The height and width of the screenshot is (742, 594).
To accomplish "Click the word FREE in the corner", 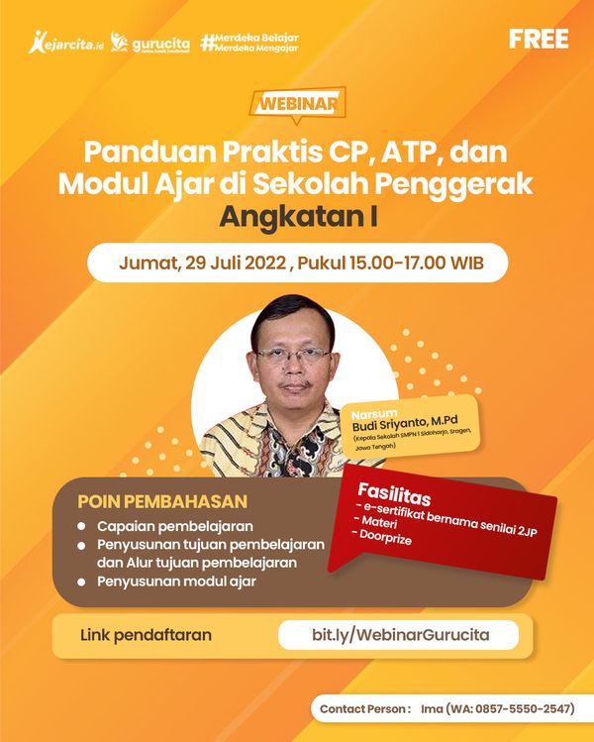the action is tap(539, 40).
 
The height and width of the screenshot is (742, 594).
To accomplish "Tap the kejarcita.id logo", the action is tap(65, 43).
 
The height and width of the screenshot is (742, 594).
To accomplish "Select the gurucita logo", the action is tap(150, 43).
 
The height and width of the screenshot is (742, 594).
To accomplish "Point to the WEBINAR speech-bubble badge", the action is tap(297, 104).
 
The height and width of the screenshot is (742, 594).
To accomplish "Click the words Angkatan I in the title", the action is tap(298, 217).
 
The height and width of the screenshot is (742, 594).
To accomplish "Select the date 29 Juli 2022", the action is tap(236, 263).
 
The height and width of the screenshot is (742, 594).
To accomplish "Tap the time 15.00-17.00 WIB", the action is tap(417, 263).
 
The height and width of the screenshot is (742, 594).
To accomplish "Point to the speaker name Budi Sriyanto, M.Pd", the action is tap(405, 423).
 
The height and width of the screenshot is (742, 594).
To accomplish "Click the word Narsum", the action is tap(374, 413).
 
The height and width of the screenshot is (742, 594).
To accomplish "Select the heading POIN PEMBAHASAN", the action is tap(162, 501).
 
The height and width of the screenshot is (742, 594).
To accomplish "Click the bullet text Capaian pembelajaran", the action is tap(175, 526).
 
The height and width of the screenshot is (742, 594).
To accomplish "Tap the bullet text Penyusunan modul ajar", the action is tap(176, 582).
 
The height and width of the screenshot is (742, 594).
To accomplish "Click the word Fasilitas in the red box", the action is tap(394, 494).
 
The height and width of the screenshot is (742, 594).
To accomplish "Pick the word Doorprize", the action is tap(385, 537).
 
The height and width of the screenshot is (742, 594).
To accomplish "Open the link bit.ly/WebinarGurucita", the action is tap(401, 635).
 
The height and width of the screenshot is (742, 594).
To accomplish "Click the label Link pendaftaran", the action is tap(146, 635).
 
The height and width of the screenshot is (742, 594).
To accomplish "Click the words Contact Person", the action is tap(362, 709).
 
